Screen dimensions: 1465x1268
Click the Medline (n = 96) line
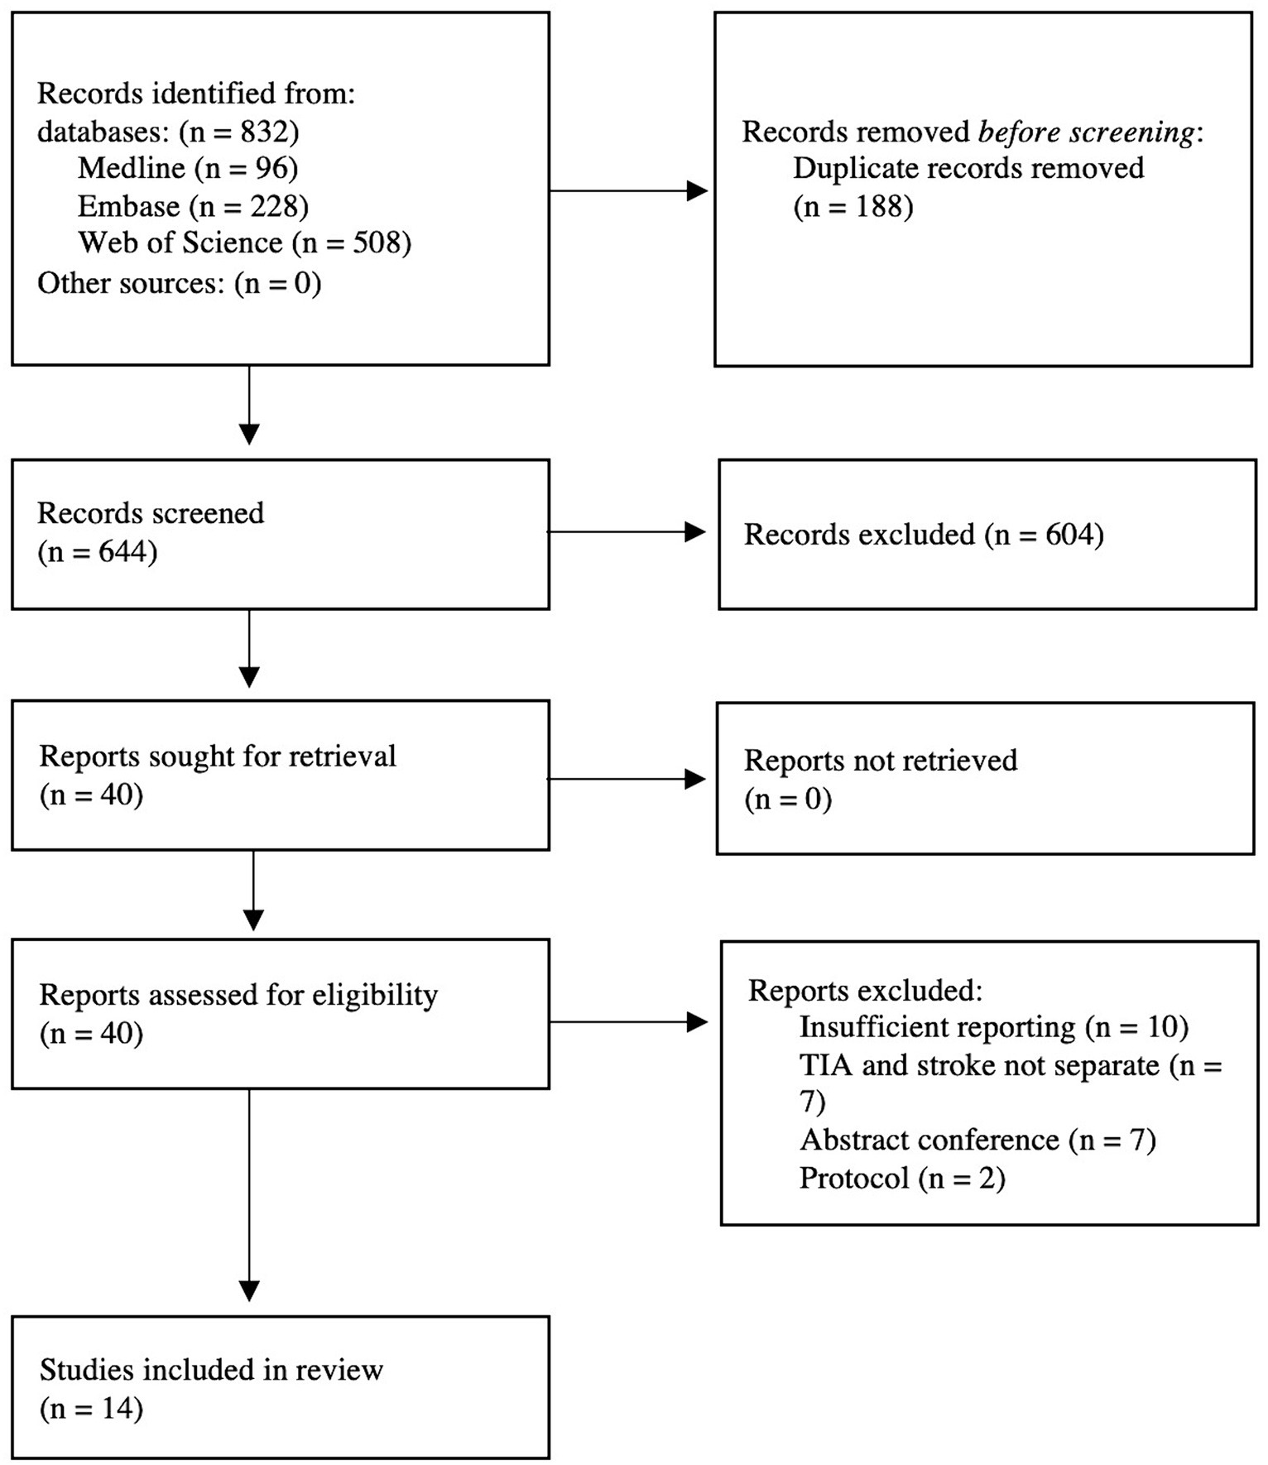tap(188, 168)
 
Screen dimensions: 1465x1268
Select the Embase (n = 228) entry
tap(193, 205)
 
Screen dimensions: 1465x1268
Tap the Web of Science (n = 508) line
tap(244, 243)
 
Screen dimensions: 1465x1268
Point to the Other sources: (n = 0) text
tap(179, 283)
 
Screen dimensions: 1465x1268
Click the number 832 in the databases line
tap(265, 132)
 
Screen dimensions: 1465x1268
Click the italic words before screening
tap(1087, 132)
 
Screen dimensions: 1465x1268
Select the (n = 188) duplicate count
tap(853, 206)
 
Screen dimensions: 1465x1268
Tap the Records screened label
tap(151, 513)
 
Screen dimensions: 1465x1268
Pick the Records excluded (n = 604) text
tap(924, 535)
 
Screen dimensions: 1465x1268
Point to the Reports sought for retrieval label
tap(218, 757)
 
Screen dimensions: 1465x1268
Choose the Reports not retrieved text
tap(881, 761)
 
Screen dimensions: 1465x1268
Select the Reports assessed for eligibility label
tap(238, 995)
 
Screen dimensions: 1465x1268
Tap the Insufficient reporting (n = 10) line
tap(993, 1027)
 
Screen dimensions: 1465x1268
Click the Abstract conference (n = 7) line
tap(977, 1141)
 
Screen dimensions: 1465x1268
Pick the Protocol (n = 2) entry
tap(902, 1178)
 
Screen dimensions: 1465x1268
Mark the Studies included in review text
tap(211, 1370)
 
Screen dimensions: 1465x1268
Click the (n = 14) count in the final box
tap(91, 1408)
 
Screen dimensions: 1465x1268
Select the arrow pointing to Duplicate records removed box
tap(629, 191)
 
